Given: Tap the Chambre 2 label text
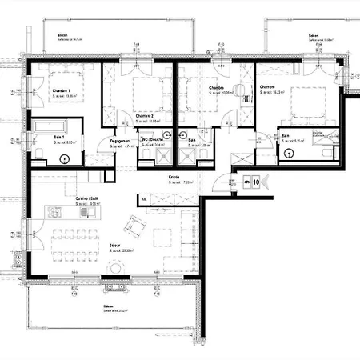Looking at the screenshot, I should [145, 116].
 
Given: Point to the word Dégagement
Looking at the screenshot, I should [121, 142].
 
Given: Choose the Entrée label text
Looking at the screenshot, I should [173, 177].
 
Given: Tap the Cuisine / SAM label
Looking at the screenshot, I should [87, 198].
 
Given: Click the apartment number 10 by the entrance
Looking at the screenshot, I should [255, 182].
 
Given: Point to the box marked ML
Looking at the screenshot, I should [144, 199].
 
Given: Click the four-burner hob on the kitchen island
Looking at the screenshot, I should [55, 212].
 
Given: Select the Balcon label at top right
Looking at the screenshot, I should [314, 36].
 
